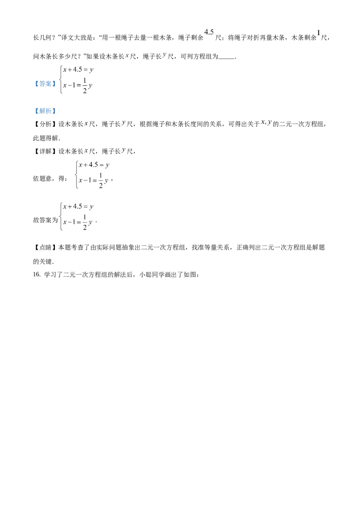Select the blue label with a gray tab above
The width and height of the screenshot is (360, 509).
(45, 111)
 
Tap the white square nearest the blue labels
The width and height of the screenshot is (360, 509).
(66, 67)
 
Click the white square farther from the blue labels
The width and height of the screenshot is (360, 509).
(91, 67)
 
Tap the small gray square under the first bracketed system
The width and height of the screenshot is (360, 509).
(88, 92)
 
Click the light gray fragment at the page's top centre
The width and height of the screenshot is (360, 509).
(209, 31)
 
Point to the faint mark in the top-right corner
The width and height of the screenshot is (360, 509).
(318, 31)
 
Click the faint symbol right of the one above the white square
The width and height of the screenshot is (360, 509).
(165, 54)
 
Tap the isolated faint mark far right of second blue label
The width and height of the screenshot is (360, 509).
(266, 122)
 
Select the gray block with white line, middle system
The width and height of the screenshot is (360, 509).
(101, 180)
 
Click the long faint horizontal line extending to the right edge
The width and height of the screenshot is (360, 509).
(225, 206)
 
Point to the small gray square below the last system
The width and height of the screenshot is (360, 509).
(88, 228)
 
